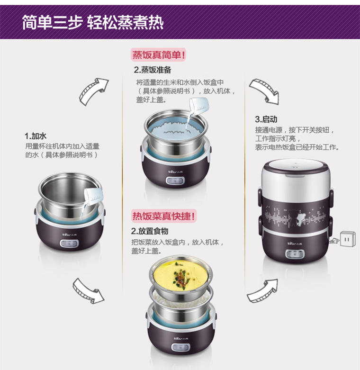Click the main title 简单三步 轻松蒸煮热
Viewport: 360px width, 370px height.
pyautogui.click(x=93, y=22)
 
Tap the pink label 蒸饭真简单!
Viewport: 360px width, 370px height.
pyautogui.click(x=159, y=55)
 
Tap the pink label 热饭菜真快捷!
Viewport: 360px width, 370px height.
pyautogui.click(x=164, y=216)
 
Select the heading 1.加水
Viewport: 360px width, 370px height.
pyautogui.click(x=36, y=136)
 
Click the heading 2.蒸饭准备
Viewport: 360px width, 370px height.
pyautogui.click(x=153, y=70)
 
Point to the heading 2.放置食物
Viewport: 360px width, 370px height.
pyautogui.click(x=150, y=231)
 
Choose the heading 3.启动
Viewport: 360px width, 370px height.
pyautogui.click(x=266, y=119)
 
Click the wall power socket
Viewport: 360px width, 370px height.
pyautogui.click(x=348, y=239)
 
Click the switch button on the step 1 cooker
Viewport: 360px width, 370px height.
pyautogui.click(x=69, y=244)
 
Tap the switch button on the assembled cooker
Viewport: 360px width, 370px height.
pyautogui.click(x=295, y=254)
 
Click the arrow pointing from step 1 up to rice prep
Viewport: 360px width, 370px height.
pyautogui.click(x=93, y=91)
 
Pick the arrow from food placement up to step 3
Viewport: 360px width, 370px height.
pyautogui.click(x=262, y=290)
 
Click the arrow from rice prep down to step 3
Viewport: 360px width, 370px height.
pyautogui.click(x=264, y=91)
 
